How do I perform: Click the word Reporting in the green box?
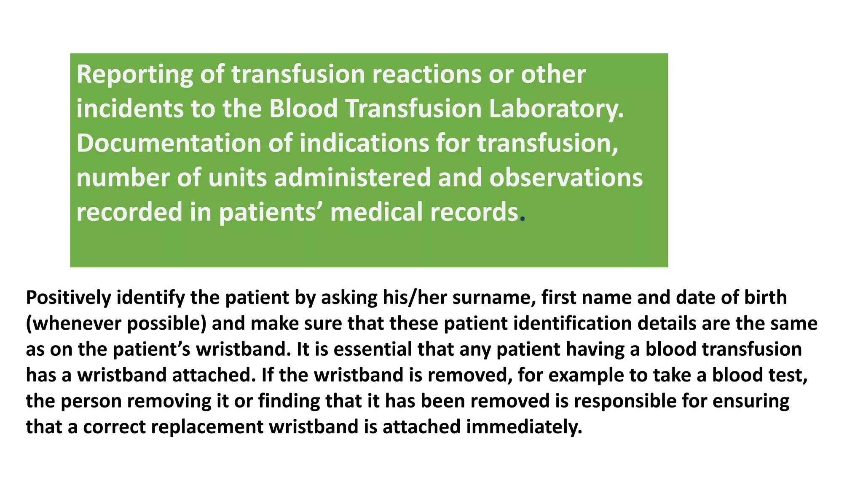(134, 75)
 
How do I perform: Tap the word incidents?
(130, 109)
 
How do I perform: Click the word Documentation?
(169, 143)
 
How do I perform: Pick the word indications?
(364, 143)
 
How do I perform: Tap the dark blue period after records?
(523, 219)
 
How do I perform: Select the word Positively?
(68, 298)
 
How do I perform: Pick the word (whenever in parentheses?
(73, 324)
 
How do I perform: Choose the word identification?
(572, 323)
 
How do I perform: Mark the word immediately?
(524, 427)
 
